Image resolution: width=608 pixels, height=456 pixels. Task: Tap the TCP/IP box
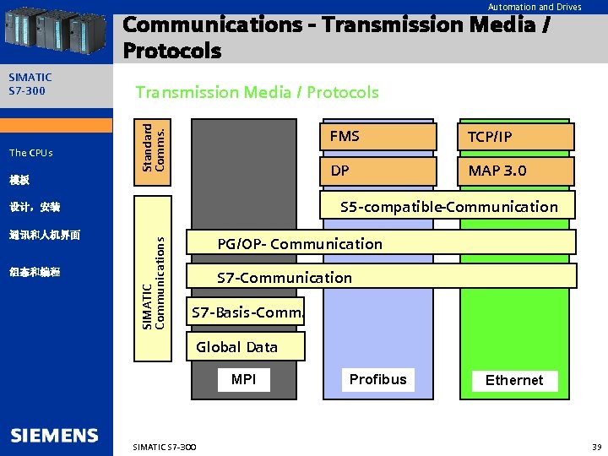pos(515,137)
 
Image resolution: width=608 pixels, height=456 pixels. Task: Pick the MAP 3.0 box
pos(515,171)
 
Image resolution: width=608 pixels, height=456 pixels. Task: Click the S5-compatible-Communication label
pos(448,207)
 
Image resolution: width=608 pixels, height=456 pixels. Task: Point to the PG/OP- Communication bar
pos(380,244)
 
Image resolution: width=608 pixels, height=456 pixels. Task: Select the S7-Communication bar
pos(380,277)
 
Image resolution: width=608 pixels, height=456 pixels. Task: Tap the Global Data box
pos(236,346)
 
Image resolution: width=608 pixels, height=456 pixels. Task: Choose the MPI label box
pos(243,380)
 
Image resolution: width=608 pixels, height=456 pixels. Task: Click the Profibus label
pos(377,379)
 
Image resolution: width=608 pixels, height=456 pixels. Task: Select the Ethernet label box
pos(513,381)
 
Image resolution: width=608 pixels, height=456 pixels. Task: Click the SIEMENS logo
pos(55,436)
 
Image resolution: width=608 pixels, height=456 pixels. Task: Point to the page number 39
pos(595,446)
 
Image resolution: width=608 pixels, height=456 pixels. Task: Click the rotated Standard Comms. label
pos(155,149)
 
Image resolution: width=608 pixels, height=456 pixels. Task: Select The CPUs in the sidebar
pos(31,153)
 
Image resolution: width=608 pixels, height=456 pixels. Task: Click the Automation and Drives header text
pos(535,7)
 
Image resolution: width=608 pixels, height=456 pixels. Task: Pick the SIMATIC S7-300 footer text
pos(165,446)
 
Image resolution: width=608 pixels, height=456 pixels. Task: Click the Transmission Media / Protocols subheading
pos(258,92)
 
